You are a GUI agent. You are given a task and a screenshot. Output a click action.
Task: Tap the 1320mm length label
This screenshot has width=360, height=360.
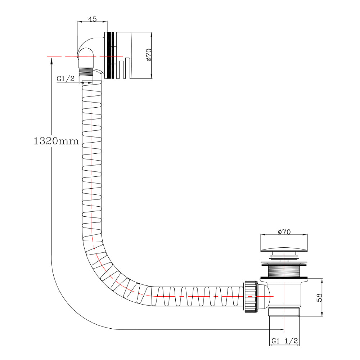(x=56, y=141)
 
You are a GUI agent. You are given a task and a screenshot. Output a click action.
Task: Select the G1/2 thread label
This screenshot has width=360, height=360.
(x=66, y=79)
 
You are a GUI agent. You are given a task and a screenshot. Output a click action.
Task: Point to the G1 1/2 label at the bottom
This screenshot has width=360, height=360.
(x=284, y=341)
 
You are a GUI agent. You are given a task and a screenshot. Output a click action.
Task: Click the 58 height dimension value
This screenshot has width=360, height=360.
(x=319, y=297)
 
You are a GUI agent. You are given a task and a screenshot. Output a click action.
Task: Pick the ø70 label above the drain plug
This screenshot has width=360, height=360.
(x=284, y=232)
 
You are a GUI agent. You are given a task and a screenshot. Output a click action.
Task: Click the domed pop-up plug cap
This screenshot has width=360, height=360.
(x=284, y=249)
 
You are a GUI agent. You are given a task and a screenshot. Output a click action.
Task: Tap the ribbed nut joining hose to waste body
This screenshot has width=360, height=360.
(x=250, y=296)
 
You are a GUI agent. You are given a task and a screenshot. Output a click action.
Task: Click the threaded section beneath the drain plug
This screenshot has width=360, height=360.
(x=284, y=270)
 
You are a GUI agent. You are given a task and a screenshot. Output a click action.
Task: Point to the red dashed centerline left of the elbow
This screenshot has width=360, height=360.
(x=61, y=57)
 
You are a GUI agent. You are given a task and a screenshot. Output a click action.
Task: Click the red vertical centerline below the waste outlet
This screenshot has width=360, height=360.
(x=284, y=324)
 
